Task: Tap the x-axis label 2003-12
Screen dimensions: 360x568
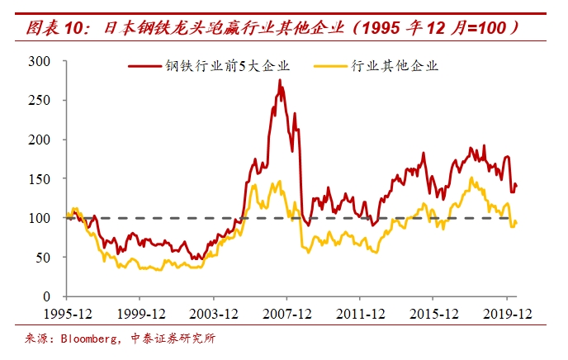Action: pyautogui.click(x=214, y=314)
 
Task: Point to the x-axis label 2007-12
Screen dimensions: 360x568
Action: pyautogui.click(x=287, y=314)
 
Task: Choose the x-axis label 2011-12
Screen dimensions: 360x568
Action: pyautogui.click(x=361, y=314)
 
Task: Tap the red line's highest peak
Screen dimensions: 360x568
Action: pyautogui.click(x=280, y=79)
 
